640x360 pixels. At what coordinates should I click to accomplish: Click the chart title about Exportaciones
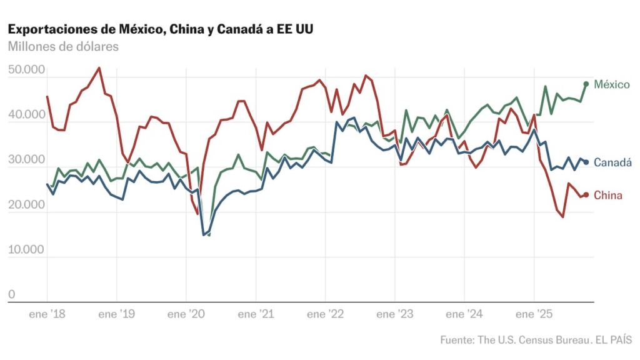pos(160,29)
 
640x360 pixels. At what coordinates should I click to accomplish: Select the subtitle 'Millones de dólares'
pos(62,46)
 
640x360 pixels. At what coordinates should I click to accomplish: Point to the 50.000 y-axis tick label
pos(26,70)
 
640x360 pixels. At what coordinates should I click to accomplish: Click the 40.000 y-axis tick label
pos(26,115)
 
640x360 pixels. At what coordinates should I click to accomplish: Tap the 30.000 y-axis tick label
pos(26,160)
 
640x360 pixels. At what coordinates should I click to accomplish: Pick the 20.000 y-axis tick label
pos(26,205)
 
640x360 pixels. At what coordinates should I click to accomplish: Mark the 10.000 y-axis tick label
pos(26,250)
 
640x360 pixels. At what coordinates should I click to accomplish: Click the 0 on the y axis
pos(11,295)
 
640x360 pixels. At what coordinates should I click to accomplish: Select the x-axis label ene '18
pos(47,314)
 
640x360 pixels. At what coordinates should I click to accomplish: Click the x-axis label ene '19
pos(117,314)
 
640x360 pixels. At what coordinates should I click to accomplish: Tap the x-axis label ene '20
pos(186,314)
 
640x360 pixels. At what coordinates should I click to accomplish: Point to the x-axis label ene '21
pos(256,314)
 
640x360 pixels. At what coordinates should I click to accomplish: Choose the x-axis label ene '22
pos(325,314)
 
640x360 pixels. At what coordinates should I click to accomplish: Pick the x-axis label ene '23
pos(394,314)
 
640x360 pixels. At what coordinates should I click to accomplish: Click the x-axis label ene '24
pos(464,314)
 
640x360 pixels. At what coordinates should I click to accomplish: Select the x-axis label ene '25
pos(534,314)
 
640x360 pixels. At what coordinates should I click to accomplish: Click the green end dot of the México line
pos(586,84)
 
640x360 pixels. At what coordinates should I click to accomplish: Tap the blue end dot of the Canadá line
pos(586,162)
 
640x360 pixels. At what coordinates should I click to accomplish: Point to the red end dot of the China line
pos(586,195)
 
